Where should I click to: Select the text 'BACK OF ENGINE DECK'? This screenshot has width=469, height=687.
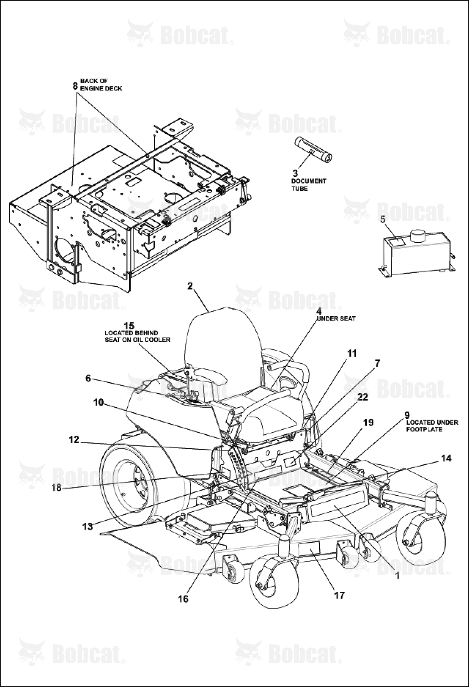pyautogui.click(x=101, y=85)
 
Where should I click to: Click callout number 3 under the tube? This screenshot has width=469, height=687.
pyautogui.click(x=295, y=173)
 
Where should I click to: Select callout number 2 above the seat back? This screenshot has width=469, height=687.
pyautogui.click(x=190, y=286)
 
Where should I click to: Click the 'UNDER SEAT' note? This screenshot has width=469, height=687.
pyautogui.click(x=336, y=319)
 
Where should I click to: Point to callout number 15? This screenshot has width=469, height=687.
pyautogui.click(x=129, y=326)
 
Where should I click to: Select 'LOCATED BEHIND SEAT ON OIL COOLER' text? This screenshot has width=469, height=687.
pyautogui.click(x=137, y=336)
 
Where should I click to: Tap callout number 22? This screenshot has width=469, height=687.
pyautogui.click(x=363, y=397)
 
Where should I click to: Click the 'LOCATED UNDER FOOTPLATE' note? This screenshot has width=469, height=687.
pyautogui.click(x=432, y=426)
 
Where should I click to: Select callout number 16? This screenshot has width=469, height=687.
pyautogui.click(x=183, y=599)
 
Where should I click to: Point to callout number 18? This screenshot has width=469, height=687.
pyautogui.click(x=56, y=488)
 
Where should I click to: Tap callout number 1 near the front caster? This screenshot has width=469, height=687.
pyautogui.click(x=398, y=576)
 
